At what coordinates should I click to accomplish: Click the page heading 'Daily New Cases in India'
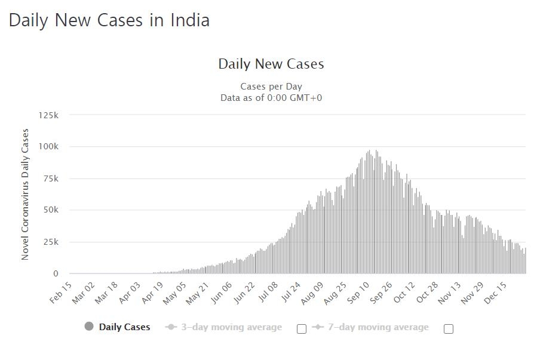[x=109, y=20]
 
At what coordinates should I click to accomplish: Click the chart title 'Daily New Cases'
[x=271, y=64]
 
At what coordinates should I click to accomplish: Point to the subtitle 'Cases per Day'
[x=271, y=87]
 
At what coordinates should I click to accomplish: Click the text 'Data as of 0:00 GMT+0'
[x=271, y=98]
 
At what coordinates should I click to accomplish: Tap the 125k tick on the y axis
[x=48, y=115]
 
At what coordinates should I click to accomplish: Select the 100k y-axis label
[x=48, y=147]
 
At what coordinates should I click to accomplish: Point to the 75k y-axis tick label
[x=51, y=179]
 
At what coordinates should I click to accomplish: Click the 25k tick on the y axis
[x=51, y=242]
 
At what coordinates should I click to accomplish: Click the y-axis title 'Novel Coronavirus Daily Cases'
[x=25, y=194]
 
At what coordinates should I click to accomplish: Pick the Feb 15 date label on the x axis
[x=62, y=293]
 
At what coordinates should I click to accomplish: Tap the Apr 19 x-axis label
[x=152, y=293]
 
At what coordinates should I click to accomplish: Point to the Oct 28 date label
[x=427, y=293]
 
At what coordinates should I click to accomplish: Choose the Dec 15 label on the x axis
[x=496, y=293]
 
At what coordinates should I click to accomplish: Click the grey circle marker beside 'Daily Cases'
[x=89, y=327]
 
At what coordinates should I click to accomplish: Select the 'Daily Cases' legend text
[x=124, y=327]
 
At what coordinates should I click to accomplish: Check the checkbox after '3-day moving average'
[x=302, y=328]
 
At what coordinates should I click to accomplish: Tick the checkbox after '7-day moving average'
[x=449, y=328]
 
